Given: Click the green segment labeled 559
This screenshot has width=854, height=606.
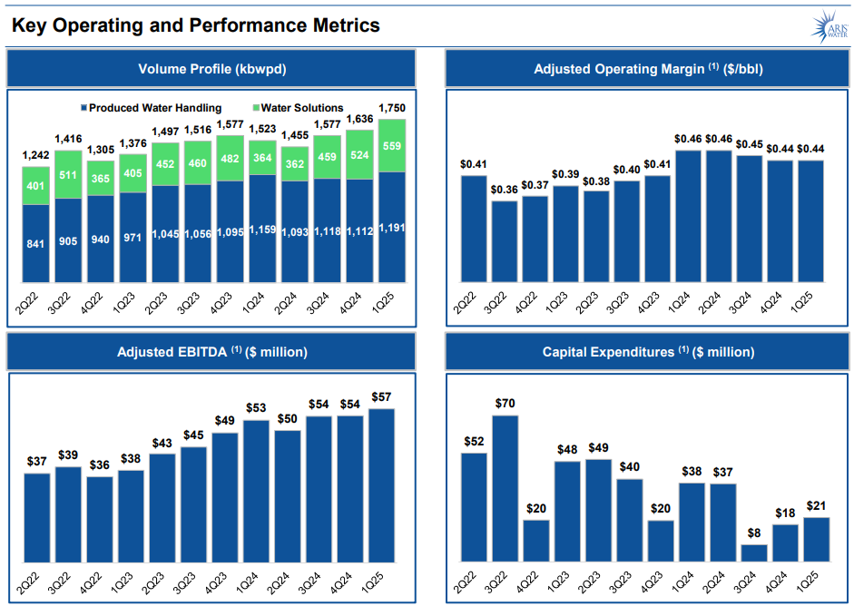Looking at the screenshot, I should coord(392,146).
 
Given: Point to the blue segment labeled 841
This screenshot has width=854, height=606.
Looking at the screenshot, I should coord(36,243).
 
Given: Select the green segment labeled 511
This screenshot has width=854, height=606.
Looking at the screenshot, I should coord(68,174).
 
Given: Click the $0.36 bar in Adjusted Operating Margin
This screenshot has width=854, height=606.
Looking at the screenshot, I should coord(505,240).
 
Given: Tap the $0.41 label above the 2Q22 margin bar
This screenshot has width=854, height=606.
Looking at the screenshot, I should coord(474,164).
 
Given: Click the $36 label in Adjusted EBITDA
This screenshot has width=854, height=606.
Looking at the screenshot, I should coord(99,465).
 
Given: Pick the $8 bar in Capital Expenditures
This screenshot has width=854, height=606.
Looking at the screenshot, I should coord(754,552).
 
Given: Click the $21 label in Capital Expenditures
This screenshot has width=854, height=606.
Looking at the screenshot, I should coord(817,506).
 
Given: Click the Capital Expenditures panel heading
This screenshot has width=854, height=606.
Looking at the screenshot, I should coord(648,352).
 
